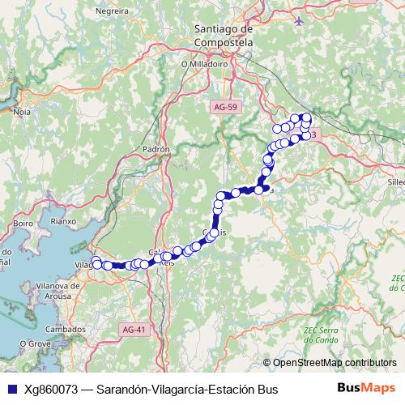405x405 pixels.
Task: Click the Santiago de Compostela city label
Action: coord(224,35)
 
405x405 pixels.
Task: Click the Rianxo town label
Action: coord(62,220)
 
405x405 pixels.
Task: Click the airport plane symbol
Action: coord(300,20)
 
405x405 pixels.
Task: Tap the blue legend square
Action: coord(11,390)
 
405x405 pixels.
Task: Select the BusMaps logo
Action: coord(366,389)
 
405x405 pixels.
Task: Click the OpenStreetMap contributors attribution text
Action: coord(335,363)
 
